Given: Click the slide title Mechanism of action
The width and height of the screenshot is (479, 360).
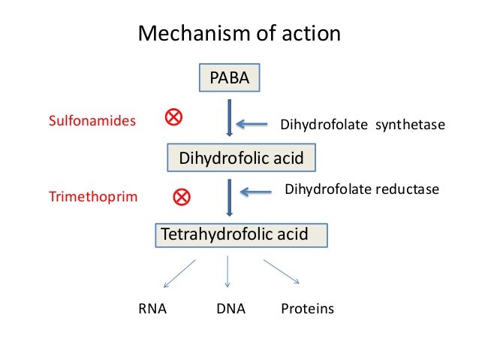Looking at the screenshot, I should (x=239, y=34).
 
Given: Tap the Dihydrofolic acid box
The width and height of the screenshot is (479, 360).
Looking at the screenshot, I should (x=240, y=158).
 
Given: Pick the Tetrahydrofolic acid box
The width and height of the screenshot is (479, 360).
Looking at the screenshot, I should (x=241, y=234).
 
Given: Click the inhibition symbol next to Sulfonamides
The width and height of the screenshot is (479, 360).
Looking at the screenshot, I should (x=173, y=117).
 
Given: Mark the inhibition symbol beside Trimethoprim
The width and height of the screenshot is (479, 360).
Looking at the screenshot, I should (x=182, y=198).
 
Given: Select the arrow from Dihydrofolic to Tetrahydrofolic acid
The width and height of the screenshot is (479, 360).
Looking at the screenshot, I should (x=229, y=198).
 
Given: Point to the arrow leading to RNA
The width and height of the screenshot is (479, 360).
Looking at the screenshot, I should (x=179, y=274).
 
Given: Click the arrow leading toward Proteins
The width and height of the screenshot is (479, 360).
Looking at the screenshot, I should (x=282, y=272).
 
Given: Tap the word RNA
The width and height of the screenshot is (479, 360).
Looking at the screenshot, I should (x=152, y=309).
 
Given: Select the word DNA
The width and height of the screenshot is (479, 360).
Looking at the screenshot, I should (x=230, y=309).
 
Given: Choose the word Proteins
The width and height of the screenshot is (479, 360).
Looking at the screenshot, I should (x=307, y=309).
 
